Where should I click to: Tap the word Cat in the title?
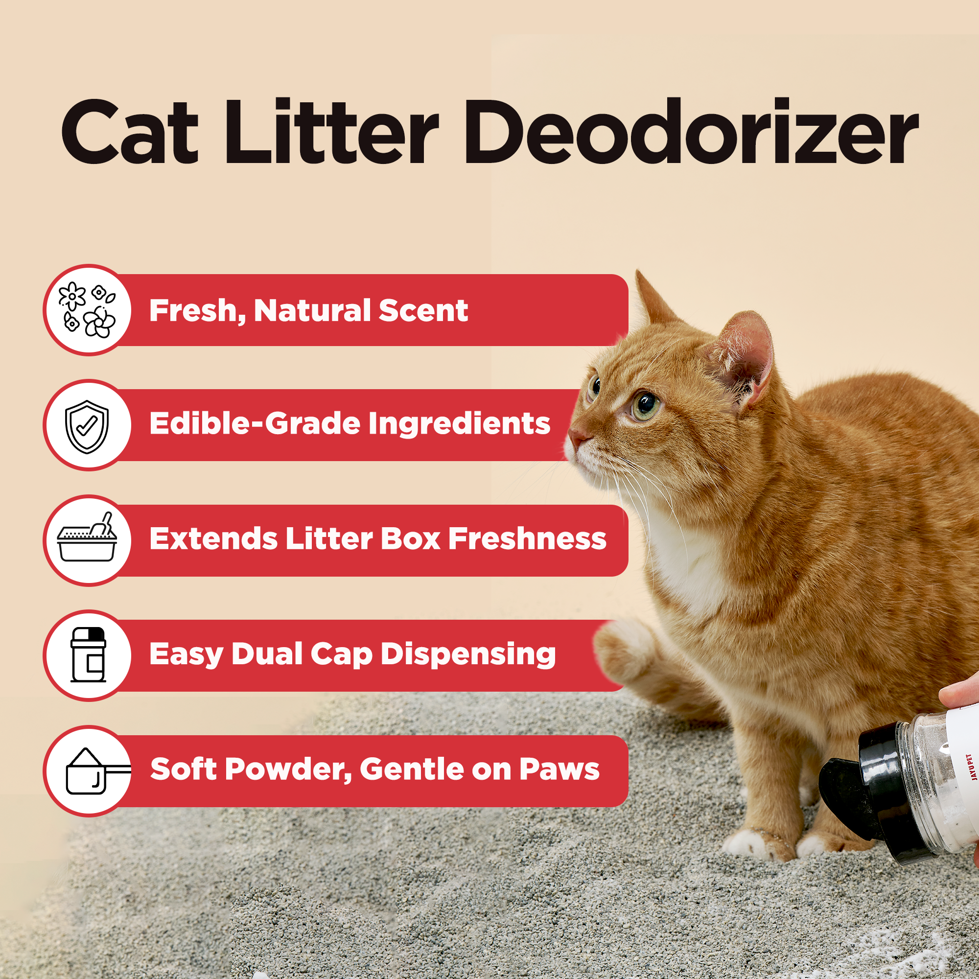pos(130,133)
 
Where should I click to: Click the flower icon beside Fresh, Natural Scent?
pos(88,310)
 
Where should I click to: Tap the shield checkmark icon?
pos(87,426)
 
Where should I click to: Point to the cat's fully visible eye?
pos(645,403)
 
